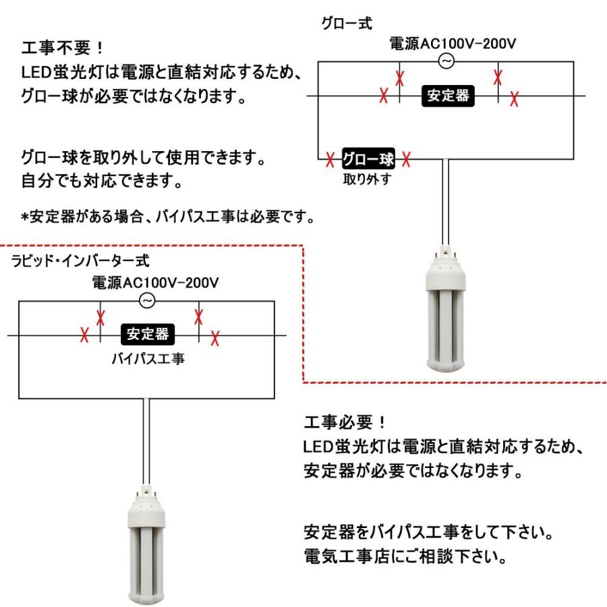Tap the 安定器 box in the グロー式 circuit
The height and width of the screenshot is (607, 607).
tap(448, 96)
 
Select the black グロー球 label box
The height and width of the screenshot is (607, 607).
tap(368, 160)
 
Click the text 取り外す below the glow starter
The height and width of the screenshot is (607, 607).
tap(367, 181)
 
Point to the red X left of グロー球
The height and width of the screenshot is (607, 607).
tap(330, 161)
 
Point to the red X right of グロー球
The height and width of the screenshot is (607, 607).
tap(406, 161)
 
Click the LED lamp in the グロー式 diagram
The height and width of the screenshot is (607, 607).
tap(445, 311)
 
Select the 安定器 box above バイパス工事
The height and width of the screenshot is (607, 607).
tap(148, 334)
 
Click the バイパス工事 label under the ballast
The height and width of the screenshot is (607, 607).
tap(148, 357)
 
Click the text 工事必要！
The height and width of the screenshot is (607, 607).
tap(344, 424)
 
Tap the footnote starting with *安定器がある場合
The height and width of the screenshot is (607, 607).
tap(169, 217)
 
